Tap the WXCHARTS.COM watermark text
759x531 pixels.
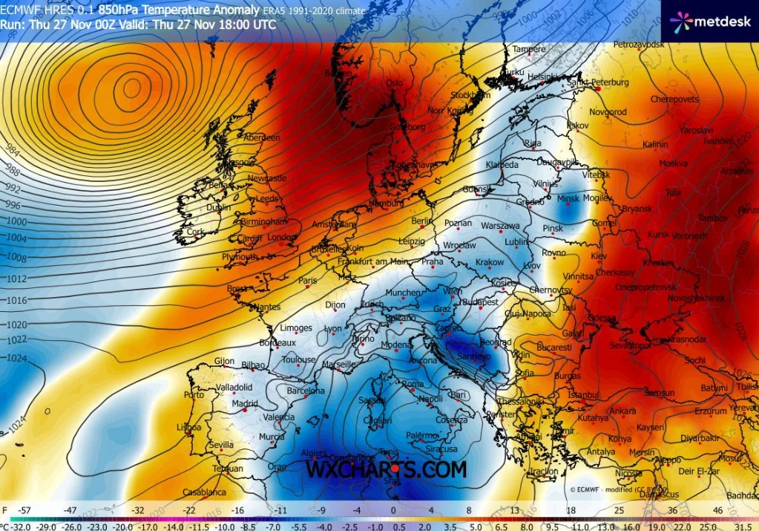387,469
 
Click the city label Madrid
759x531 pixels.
244,404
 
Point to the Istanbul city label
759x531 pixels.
584,395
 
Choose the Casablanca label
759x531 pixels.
204,492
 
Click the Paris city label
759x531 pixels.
308,281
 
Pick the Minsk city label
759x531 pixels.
568,199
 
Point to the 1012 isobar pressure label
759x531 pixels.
16,279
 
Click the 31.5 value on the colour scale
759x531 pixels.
745,525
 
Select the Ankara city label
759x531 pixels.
622,411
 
